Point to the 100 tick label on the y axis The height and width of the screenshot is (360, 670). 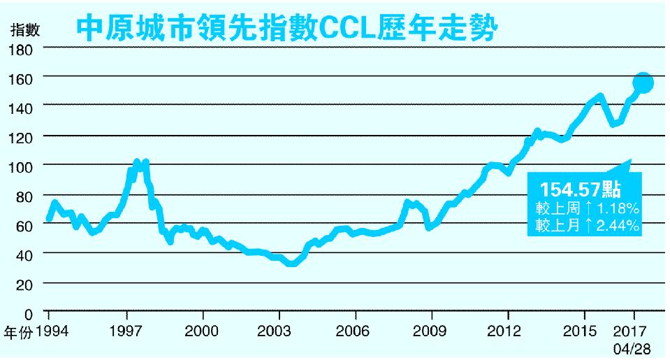22,166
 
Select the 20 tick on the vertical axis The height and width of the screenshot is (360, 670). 25,285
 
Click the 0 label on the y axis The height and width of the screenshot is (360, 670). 29,314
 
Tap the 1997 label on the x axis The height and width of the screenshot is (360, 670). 127,330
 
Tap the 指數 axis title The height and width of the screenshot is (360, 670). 25,29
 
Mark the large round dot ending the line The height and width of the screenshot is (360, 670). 643,83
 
